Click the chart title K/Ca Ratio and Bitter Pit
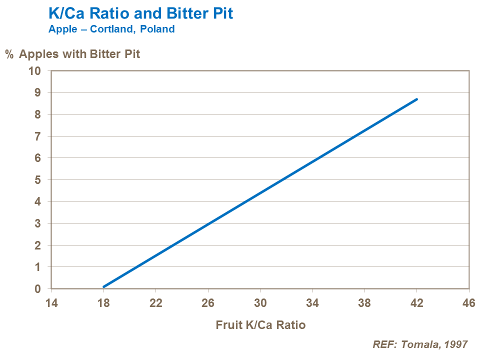(x=140, y=13)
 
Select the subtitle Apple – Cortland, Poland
(x=111, y=29)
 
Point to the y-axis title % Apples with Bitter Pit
(x=72, y=54)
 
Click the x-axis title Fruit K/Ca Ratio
(x=260, y=325)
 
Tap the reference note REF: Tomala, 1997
(x=420, y=344)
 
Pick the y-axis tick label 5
(x=37, y=179)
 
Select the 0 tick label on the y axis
(x=37, y=289)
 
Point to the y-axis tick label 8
(x=37, y=114)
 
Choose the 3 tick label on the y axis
(x=37, y=223)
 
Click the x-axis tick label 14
(x=51, y=303)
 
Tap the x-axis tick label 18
(x=103, y=303)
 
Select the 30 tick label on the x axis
(x=260, y=303)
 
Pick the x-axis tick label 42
(x=416, y=303)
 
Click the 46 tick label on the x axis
(x=468, y=303)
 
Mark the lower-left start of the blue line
(x=104, y=286)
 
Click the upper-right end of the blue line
(x=416, y=99)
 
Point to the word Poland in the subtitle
(x=157, y=29)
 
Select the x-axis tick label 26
(x=208, y=303)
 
